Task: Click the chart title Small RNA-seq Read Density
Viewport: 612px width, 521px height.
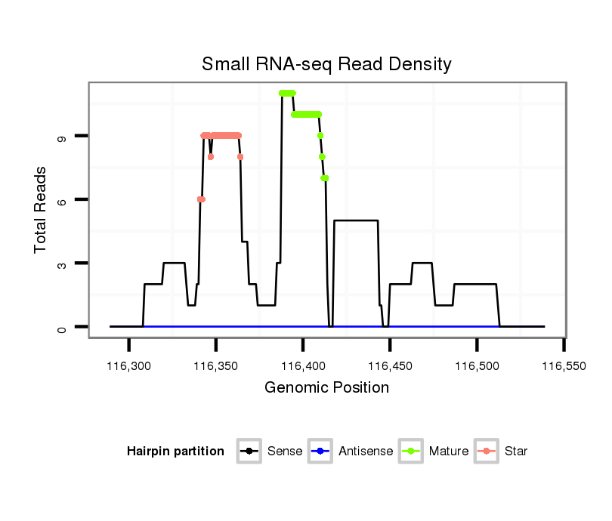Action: pos(326,64)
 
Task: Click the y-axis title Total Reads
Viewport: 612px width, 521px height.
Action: pos(42,210)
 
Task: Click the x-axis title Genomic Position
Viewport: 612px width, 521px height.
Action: pos(326,388)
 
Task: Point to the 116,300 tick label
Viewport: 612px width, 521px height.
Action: pos(129,366)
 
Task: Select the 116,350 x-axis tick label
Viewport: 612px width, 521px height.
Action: pos(216,366)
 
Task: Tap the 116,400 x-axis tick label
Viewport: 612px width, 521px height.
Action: pos(303,366)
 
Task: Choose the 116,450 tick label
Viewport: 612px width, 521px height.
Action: pos(390,366)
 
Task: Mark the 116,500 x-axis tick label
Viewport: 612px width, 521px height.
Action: pos(477,366)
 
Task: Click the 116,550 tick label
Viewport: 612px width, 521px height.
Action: pos(564,366)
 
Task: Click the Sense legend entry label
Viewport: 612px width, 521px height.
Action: pos(285,452)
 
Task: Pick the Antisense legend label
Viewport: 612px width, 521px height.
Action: pos(366,452)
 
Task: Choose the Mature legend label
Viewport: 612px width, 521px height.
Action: pos(449,452)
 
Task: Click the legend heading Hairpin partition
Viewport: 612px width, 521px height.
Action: pos(176,452)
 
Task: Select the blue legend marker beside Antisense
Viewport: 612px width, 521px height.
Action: pos(321,452)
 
